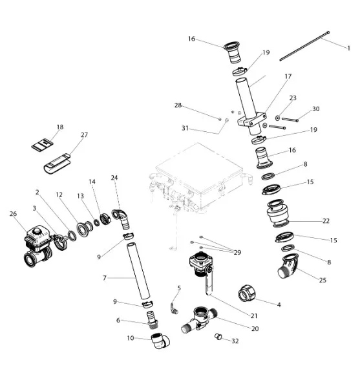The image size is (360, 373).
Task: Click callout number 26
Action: (x=13, y=213)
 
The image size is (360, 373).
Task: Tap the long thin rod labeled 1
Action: (x=304, y=46)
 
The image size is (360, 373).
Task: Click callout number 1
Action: (x=348, y=48)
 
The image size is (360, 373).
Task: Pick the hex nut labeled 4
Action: (x=247, y=293)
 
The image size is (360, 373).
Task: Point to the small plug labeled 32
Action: (x=218, y=336)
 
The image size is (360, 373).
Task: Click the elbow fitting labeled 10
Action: (x=160, y=341)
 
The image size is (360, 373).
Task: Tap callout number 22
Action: (x=326, y=220)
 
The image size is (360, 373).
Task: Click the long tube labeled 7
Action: (x=138, y=271)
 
